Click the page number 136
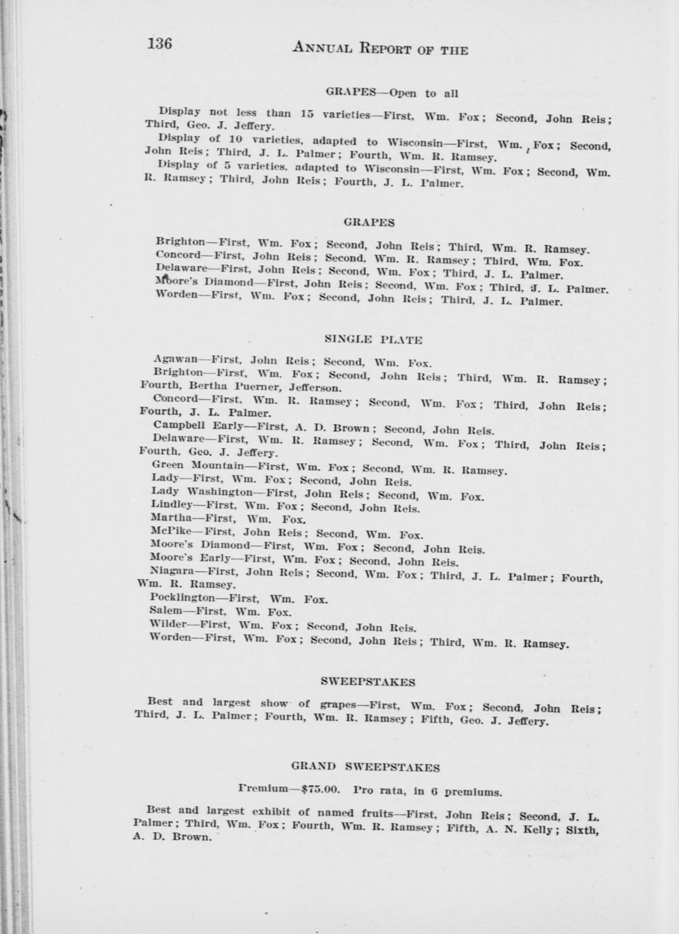coord(160,44)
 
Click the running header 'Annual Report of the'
coord(380,49)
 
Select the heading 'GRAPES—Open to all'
coord(392,93)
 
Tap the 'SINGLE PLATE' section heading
coord(373,340)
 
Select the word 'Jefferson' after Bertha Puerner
coord(315,387)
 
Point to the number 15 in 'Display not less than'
coord(307,114)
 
